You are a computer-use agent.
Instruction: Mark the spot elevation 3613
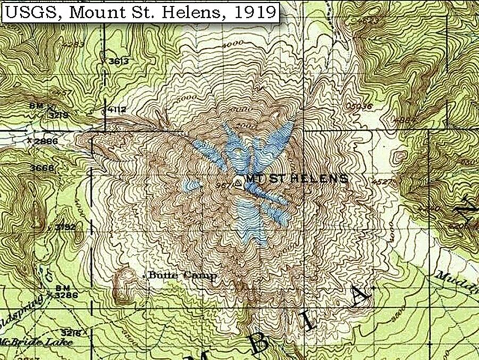tap(119, 62)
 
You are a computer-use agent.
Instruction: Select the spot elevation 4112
tap(117, 110)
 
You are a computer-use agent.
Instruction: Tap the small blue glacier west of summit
tap(192, 185)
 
